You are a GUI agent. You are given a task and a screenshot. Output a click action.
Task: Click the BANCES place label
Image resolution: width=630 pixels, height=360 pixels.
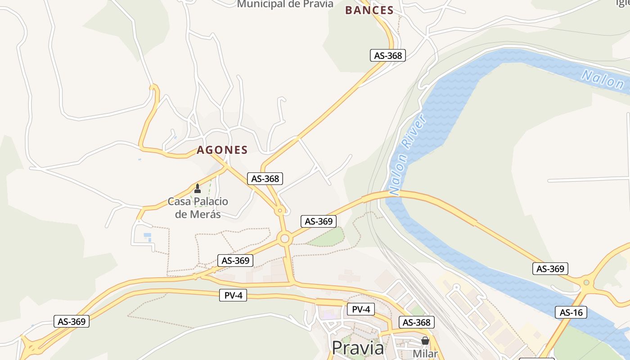pyautogui.click(x=369, y=10)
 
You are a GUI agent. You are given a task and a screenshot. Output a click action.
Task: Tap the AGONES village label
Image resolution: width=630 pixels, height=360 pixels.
pyautogui.click(x=222, y=150)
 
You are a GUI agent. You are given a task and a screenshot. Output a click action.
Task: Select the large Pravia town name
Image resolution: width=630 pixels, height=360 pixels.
pyautogui.click(x=358, y=348)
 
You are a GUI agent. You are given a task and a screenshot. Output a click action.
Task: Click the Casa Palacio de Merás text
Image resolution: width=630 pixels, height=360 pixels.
pyautogui.click(x=198, y=207)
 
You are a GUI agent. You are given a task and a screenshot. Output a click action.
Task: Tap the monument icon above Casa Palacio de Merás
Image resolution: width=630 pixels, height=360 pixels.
pyautogui.click(x=197, y=188)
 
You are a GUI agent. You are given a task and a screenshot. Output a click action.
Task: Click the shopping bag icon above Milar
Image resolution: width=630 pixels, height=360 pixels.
pyautogui.click(x=425, y=341)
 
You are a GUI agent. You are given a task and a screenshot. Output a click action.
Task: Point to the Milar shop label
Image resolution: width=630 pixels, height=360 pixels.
pyautogui.click(x=425, y=354)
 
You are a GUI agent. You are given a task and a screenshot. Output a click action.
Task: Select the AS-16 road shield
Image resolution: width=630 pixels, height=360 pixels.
pyautogui.click(x=571, y=312)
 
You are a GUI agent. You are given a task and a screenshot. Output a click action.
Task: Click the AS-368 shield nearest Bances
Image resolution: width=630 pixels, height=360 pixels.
pyautogui.click(x=388, y=55)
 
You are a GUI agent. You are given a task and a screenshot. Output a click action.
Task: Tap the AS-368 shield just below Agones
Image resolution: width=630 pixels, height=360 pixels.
pyautogui.click(x=265, y=179)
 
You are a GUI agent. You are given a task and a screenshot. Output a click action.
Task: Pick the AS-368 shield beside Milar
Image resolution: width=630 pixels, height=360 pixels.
pyautogui.click(x=417, y=322)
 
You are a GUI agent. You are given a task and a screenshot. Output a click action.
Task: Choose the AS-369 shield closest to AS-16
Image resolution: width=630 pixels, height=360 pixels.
pyautogui.click(x=550, y=269)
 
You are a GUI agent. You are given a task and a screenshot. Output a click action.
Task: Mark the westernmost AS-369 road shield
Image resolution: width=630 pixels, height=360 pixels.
pyautogui.click(x=72, y=321)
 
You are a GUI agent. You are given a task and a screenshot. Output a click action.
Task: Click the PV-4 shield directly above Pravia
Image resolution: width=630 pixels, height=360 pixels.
pyautogui.click(x=361, y=309)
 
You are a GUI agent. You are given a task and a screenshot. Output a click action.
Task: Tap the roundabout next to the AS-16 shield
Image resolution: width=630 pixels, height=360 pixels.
pyautogui.click(x=586, y=283)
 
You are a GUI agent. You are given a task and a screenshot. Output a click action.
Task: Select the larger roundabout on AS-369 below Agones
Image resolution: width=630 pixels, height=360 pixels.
pyautogui.click(x=284, y=238)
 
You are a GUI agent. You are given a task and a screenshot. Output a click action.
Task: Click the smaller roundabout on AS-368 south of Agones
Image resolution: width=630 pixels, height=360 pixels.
pyautogui.click(x=280, y=210)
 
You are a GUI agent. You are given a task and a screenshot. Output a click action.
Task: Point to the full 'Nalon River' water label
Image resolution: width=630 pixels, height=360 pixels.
pyautogui.click(x=408, y=155)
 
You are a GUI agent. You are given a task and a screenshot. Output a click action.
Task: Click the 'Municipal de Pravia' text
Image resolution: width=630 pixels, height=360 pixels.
pyautogui.click(x=285, y=4)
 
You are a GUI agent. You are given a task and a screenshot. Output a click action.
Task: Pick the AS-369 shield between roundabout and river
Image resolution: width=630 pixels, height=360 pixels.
pyautogui.click(x=319, y=221)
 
